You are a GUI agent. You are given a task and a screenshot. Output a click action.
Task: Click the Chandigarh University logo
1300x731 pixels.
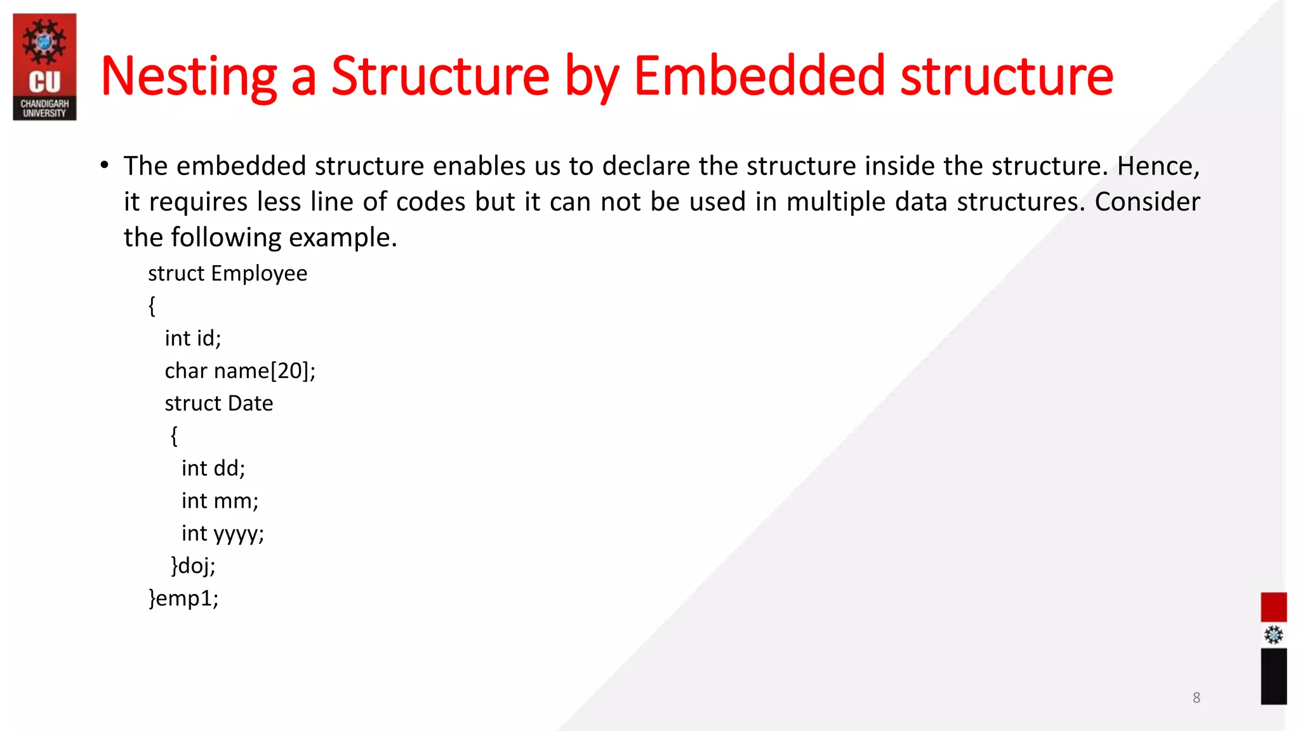[44, 67]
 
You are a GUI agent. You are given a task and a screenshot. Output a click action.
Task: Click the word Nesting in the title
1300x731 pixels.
[189, 77]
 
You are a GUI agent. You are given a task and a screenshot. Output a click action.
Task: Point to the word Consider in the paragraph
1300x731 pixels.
[1147, 202]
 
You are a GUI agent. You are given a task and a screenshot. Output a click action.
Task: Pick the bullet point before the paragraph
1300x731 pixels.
[105, 166]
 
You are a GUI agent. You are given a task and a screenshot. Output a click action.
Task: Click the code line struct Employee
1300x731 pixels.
[227, 273]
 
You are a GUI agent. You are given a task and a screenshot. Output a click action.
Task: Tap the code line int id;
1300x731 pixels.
[192, 338]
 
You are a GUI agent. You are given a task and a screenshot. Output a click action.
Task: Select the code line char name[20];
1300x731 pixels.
[240, 371]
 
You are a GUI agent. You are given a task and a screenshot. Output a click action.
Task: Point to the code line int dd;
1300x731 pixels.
[213, 468]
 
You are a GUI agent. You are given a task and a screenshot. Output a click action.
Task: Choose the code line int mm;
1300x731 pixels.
[220, 501]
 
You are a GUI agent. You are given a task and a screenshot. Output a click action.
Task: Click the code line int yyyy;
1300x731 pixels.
[222, 534]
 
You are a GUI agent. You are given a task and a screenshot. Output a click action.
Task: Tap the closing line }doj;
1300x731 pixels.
[193, 566]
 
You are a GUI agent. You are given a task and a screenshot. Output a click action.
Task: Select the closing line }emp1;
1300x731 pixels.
[183, 598]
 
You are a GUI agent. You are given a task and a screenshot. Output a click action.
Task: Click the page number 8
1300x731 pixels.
[1196, 698]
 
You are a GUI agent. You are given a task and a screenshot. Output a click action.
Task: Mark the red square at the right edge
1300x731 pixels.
[1273, 607]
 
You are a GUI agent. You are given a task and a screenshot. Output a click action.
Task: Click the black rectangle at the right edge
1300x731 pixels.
[1273, 676]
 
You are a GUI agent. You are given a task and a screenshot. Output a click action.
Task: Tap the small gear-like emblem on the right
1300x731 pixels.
[1273, 635]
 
